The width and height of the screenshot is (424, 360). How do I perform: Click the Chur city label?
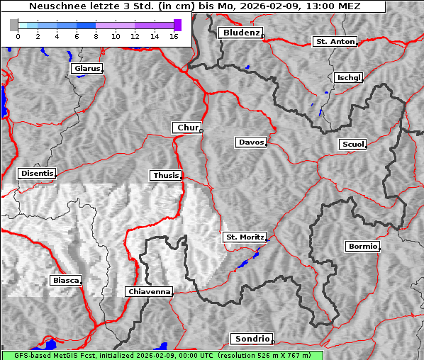click(x=187, y=128)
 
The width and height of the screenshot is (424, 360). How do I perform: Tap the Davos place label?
click(x=251, y=142)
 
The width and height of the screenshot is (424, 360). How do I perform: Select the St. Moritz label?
click(x=244, y=237)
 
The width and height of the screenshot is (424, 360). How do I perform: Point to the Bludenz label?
click(x=240, y=33)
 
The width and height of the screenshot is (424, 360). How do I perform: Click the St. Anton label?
click(x=334, y=42)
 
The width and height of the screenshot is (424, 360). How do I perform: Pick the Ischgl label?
click(x=349, y=77)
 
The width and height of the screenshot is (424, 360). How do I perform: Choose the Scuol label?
click(x=352, y=144)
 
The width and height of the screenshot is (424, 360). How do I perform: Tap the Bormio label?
click(x=362, y=247)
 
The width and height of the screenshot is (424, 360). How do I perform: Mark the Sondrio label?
click(x=251, y=339)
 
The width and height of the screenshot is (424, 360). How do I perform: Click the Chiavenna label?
click(x=149, y=291)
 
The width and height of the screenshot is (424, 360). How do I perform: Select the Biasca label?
click(x=65, y=281)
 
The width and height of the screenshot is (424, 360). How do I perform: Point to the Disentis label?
click(x=36, y=173)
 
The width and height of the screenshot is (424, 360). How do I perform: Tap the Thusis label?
click(x=166, y=175)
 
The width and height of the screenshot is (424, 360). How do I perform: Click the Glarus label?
click(x=86, y=69)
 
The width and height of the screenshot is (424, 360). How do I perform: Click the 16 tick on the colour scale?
click(x=173, y=36)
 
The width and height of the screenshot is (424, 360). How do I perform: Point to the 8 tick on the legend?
click(x=96, y=36)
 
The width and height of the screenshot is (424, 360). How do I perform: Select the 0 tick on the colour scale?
click(x=18, y=36)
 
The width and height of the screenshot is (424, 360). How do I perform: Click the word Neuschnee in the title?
click(x=56, y=6)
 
